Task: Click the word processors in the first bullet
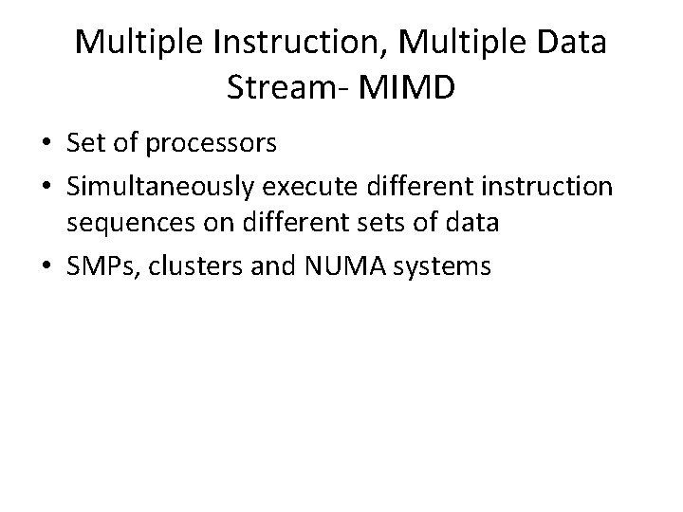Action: (206, 144)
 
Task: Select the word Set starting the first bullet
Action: (84, 143)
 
